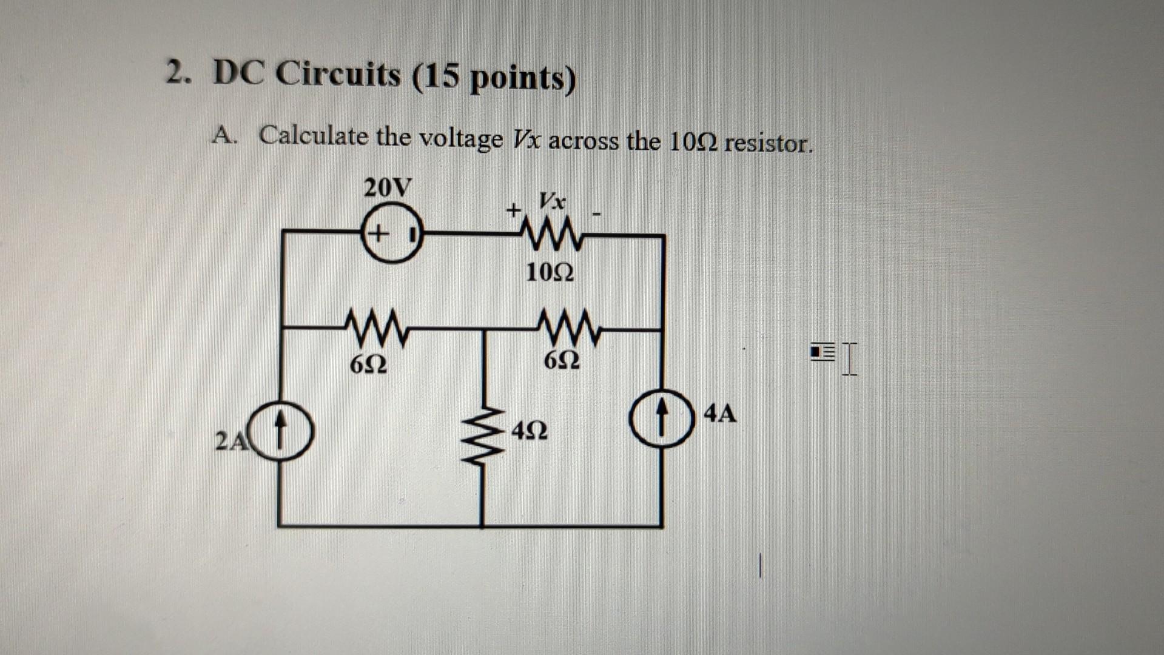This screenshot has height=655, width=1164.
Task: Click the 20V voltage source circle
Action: tap(392, 233)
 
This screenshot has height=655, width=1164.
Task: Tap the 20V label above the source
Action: tap(388, 187)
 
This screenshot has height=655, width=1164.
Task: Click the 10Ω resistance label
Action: tap(550, 272)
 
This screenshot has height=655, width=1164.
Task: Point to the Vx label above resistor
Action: tap(552, 200)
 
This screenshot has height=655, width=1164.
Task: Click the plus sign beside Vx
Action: tap(514, 211)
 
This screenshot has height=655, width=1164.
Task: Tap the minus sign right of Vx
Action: tap(597, 213)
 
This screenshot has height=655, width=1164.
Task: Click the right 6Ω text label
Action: tap(562, 361)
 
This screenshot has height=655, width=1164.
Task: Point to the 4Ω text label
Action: tap(530, 431)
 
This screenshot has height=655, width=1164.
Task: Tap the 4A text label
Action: tap(720, 414)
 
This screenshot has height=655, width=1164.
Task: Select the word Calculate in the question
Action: tap(314, 136)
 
